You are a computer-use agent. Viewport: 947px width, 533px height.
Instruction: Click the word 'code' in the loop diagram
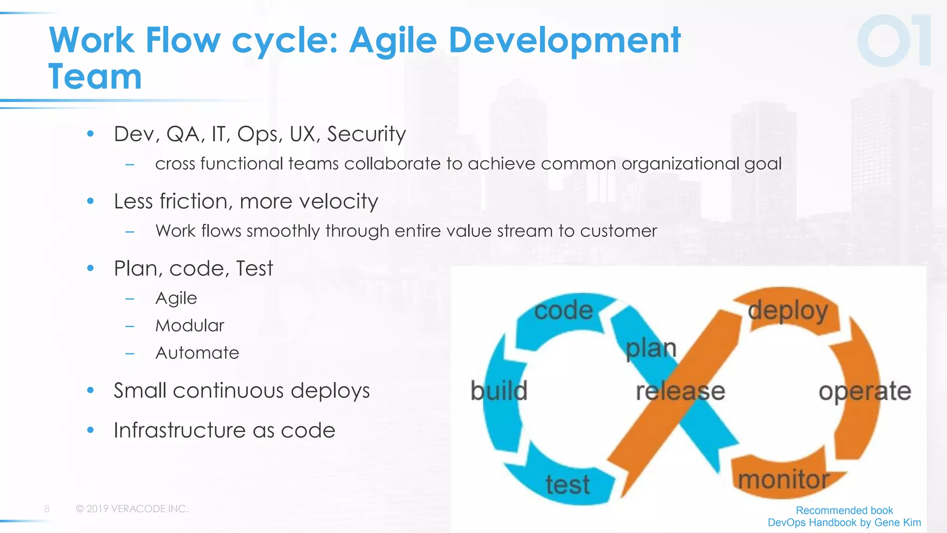click(563, 310)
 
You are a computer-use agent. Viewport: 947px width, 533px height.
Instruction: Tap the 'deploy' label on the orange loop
click(787, 311)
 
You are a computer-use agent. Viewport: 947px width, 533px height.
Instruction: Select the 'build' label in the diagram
click(498, 391)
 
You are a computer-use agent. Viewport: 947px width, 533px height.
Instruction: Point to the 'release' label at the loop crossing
click(680, 391)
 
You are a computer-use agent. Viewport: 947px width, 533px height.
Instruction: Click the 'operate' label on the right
click(865, 391)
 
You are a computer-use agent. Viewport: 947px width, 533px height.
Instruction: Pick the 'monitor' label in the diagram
click(783, 479)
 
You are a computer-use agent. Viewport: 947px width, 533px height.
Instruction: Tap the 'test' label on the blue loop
click(567, 484)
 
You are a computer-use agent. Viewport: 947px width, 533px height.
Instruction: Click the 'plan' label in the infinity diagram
click(651, 348)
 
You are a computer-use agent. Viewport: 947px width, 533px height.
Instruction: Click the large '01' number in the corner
click(894, 41)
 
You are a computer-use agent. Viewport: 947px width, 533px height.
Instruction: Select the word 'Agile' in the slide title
click(392, 41)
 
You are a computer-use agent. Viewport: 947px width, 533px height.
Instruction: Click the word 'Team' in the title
click(95, 77)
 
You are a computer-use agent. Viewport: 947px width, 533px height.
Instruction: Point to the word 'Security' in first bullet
click(366, 134)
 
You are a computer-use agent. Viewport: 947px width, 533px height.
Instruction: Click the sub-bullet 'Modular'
click(190, 326)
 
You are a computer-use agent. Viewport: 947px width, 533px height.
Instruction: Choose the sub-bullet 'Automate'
click(197, 353)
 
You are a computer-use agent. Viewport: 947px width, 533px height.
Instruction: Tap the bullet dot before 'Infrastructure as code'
click(91, 430)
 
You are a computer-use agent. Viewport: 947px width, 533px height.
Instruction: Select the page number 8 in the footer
click(47, 509)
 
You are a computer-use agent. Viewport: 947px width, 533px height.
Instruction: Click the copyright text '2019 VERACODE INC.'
click(137, 509)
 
